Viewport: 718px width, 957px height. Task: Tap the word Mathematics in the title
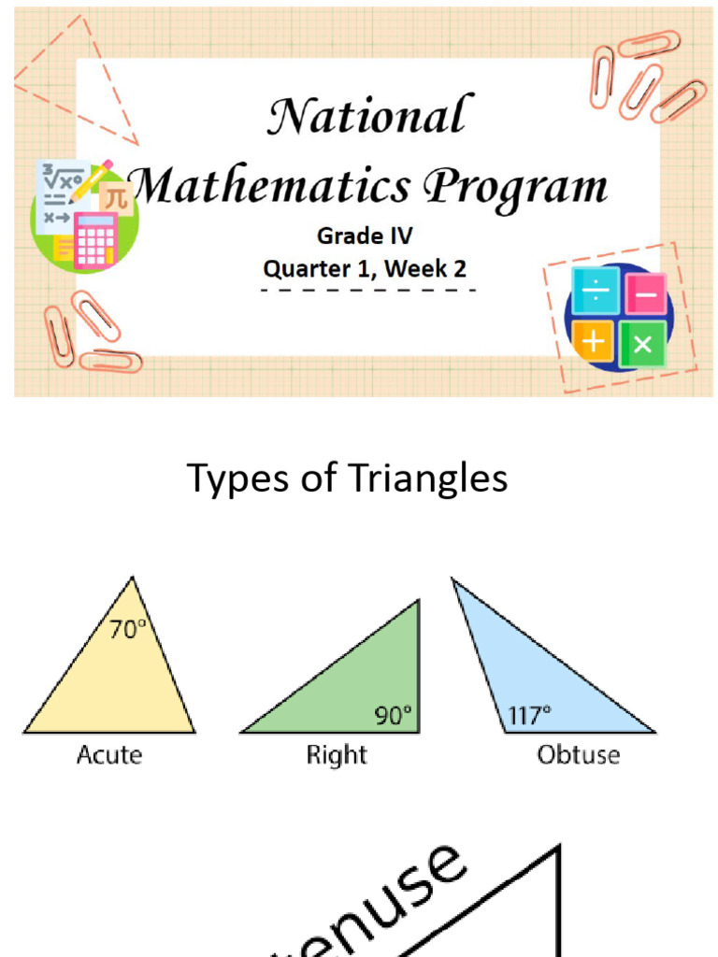pyautogui.click(x=269, y=185)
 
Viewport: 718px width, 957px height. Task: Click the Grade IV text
pyautogui.click(x=365, y=236)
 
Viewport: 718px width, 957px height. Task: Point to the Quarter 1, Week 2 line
pyautogui.click(x=365, y=269)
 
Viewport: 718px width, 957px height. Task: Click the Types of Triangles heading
pyautogui.click(x=348, y=478)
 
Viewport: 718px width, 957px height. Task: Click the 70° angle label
pyautogui.click(x=128, y=631)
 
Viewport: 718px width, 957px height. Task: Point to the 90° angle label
pyautogui.click(x=394, y=717)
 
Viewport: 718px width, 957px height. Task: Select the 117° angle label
pyautogui.click(x=529, y=717)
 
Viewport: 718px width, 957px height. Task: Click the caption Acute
pyautogui.click(x=109, y=754)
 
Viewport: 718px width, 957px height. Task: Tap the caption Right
pyautogui.click(x=337, y=754)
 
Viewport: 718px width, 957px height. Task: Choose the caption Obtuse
pyautogui.click(x=579, y=754)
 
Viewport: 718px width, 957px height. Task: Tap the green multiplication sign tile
pyautogui.click(x=642, y=343)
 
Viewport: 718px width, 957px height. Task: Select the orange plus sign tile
pyautogui.click(x=593, y=342)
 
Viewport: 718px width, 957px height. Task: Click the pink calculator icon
pyautogui.click(x=95, y=241)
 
